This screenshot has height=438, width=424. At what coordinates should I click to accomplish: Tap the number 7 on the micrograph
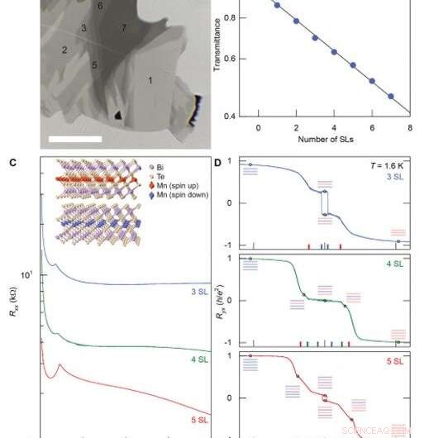tap(124, 29)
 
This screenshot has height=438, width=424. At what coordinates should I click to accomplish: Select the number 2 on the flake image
tap(64, 50)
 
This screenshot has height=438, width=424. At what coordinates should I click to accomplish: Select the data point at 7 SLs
tap(391, 97)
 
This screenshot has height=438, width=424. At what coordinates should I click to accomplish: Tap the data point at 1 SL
tap(277, 5)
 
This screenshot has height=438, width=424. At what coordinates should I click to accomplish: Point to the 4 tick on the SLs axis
tap(334, 128)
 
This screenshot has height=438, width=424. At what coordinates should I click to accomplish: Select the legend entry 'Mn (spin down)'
tap(187, 195)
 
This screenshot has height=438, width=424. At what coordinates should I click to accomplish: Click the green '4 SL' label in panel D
tap(395, 264)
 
